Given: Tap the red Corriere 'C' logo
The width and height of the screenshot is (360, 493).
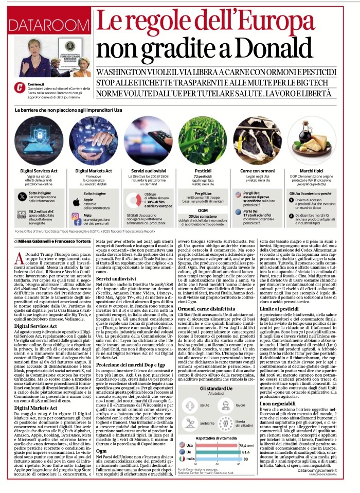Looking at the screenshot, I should pos(19,89).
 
